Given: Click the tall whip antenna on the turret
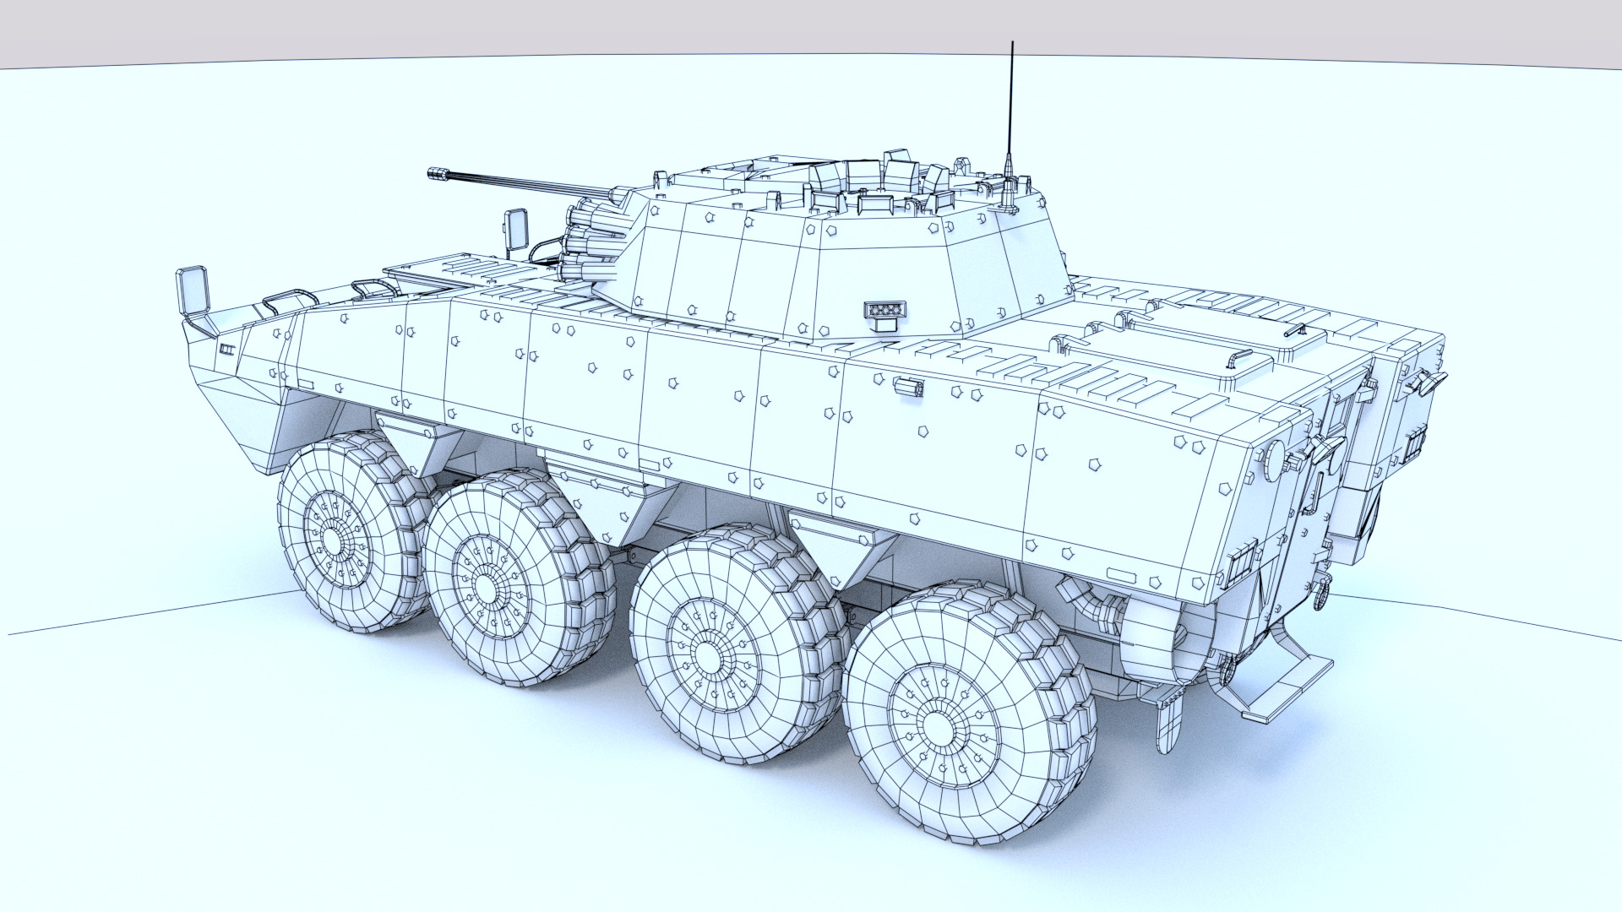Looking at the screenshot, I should (1011, 101).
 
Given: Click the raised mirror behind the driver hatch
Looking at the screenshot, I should (514, 227).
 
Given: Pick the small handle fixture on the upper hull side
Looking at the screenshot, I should (908, 387).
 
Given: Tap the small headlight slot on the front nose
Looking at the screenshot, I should (226, 350).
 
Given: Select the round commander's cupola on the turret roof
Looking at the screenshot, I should (879, 190).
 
